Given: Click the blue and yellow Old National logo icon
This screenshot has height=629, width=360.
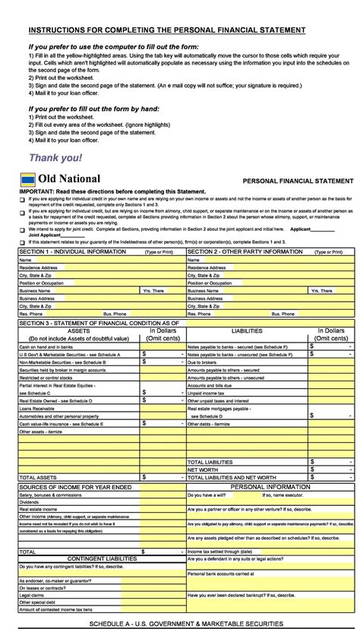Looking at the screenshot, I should (28, 179).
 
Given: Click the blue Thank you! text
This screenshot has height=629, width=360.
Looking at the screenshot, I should (55, 158).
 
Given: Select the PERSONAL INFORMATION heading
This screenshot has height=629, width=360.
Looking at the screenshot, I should (270, 486).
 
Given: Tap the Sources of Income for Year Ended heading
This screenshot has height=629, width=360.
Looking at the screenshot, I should (75, 486).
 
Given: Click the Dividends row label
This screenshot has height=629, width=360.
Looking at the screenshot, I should (30, 501).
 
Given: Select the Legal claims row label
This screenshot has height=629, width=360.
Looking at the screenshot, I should (33, 596).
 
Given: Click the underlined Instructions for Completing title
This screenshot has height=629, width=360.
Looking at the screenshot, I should (167, 30).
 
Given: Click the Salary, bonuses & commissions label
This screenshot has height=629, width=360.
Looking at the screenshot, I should (50, 495).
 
